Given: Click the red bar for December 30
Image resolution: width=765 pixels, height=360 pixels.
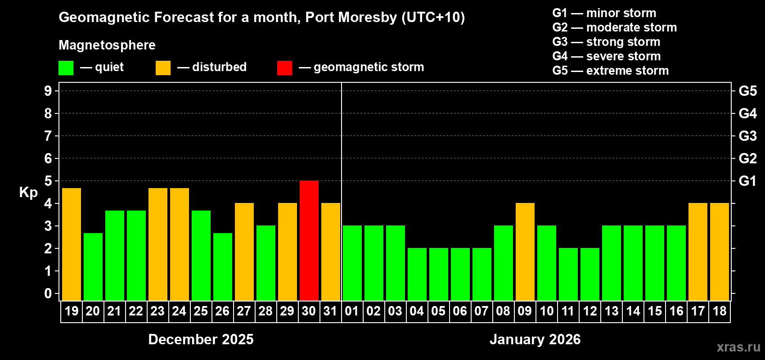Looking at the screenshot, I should (309, 240).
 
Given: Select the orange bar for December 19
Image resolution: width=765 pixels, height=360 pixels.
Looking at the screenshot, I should (72, 244).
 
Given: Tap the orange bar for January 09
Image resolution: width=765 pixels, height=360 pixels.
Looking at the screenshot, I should (525, 252).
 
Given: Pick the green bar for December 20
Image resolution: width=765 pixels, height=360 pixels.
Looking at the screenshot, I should (93, 266).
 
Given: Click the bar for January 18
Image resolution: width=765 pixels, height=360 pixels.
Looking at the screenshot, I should (720, 252).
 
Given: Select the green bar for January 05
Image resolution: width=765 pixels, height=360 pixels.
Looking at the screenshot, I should (439, 274).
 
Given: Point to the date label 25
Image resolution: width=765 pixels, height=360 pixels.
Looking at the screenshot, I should (201, 311).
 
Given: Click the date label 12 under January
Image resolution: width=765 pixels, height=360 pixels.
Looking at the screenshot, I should (589, 311).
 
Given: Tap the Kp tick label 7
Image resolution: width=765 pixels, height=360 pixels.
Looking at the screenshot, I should (48, 136).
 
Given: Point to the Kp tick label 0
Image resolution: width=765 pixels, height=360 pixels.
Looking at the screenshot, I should (48, 293).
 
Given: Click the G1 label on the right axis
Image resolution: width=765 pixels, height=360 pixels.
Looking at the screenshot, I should (747, 181).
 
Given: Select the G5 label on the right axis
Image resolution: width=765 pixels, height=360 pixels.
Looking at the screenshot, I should (747, 91).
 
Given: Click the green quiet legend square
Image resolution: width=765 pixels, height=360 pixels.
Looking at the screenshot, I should (66, 68).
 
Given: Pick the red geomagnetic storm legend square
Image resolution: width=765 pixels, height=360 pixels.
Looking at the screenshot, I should (284, 68).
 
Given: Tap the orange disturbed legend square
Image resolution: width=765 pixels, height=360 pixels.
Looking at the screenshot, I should (163, 68).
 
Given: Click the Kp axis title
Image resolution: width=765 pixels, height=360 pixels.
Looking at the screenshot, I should (28, 192).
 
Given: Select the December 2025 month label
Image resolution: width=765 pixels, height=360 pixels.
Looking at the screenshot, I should (201, 339).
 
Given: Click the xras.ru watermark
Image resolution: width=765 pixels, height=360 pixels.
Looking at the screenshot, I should (738, 347).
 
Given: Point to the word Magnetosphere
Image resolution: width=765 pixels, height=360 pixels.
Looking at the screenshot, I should (107, 45).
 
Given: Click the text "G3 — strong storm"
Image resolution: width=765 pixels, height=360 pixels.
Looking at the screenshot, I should (606, 42).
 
